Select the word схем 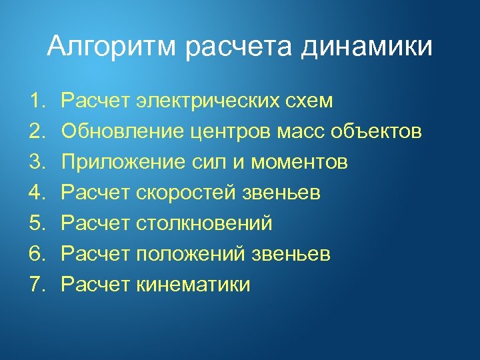[310, 101]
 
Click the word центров [220, 132]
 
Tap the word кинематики [193, 285]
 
